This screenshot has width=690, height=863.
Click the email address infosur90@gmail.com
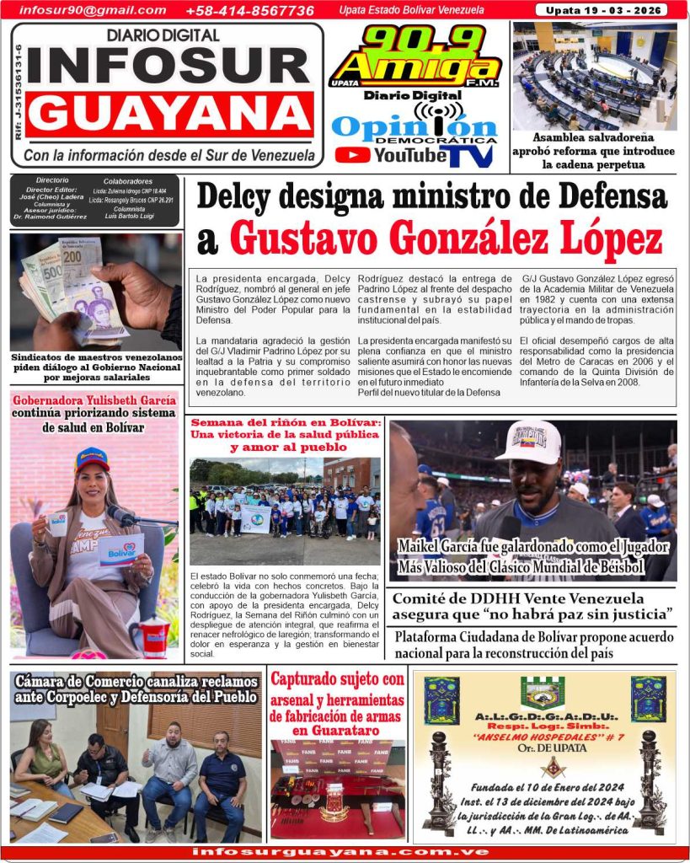coord(93,10)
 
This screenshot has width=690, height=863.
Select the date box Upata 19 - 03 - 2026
coord(601,10)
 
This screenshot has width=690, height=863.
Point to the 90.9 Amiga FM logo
coord(415,57)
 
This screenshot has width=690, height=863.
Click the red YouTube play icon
coord(352,155)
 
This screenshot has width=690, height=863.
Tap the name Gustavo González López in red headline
coord(446,239)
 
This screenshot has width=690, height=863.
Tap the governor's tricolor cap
coord(92,459)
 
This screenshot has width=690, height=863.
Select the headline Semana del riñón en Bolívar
coord(285,433)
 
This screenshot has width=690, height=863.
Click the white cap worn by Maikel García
coord(528,441)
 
